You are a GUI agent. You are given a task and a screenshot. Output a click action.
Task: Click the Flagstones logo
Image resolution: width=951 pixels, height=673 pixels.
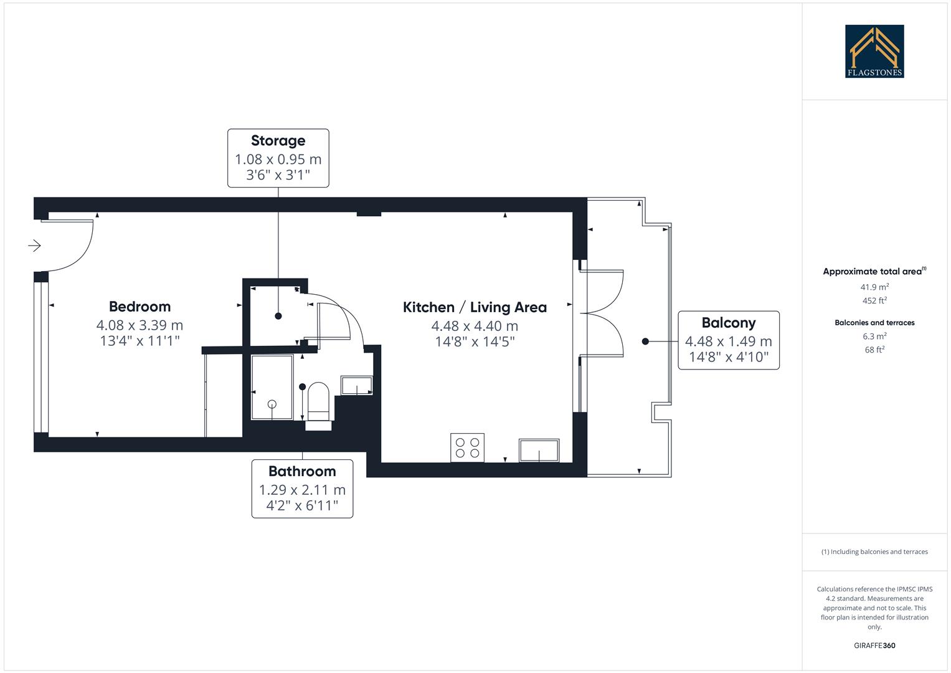point(874,51)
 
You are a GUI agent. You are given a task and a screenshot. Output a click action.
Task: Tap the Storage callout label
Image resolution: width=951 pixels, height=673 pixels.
point(278,158)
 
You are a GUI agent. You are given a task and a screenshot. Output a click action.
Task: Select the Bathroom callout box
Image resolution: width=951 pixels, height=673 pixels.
point(302,489)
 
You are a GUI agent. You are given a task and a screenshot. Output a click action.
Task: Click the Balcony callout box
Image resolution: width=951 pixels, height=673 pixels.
point(728,340)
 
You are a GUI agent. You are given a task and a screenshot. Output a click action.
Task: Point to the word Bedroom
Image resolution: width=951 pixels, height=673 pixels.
point(140,307)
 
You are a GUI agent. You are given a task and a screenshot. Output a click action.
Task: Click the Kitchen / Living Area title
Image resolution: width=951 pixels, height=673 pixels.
point(475,307)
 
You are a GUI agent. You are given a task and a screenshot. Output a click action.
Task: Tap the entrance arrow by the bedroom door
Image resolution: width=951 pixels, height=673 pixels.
point(34,246)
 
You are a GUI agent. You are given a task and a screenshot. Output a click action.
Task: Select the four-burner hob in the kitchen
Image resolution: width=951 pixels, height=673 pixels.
point(467,447)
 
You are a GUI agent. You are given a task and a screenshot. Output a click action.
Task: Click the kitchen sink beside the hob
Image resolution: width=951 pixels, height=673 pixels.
point(539,450)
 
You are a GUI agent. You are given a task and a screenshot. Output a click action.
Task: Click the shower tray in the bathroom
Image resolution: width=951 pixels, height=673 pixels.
point(272,388)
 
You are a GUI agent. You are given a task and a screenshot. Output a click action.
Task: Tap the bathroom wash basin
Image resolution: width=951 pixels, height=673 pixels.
point(356,386)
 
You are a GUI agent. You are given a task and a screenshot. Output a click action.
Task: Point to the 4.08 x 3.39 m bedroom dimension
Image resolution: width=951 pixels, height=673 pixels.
point(140,325)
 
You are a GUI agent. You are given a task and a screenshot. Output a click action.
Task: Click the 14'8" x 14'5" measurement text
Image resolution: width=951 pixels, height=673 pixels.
point(475,341)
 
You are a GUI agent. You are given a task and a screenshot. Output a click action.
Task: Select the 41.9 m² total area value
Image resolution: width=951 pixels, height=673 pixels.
point(874,287)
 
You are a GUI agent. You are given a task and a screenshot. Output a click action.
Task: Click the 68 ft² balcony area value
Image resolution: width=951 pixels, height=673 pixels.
point(874,350)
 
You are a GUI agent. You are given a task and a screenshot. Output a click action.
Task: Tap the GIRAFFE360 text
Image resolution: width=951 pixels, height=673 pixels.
point(874,646)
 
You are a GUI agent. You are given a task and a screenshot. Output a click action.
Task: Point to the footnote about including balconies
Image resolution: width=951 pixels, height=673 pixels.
point(874,551)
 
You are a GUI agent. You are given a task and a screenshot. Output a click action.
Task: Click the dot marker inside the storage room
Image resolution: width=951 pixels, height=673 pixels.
point(278,316)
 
